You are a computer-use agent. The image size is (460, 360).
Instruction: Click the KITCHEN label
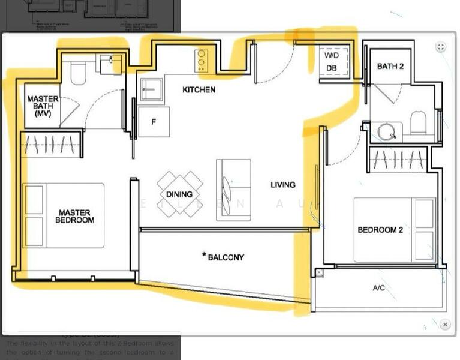199,89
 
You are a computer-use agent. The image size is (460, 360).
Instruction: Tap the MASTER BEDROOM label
74,216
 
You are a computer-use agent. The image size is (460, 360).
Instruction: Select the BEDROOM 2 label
380,230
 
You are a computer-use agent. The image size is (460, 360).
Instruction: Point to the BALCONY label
224,257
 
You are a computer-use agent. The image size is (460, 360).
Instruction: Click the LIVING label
282,185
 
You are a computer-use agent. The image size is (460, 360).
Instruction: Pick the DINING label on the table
179,194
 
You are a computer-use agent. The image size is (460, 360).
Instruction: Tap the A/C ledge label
379,288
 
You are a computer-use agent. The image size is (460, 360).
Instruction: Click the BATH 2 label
390,66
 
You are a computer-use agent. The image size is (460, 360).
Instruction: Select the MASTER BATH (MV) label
43,106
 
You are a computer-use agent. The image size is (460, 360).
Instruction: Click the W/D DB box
331,61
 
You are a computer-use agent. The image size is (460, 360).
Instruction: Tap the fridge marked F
154,122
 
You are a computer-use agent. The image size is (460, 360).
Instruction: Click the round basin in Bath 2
387,131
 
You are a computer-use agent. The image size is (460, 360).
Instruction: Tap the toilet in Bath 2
419,122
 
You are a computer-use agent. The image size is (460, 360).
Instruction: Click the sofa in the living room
233,190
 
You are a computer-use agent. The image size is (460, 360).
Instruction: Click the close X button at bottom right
445,325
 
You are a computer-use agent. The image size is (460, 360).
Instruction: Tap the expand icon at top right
441,47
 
